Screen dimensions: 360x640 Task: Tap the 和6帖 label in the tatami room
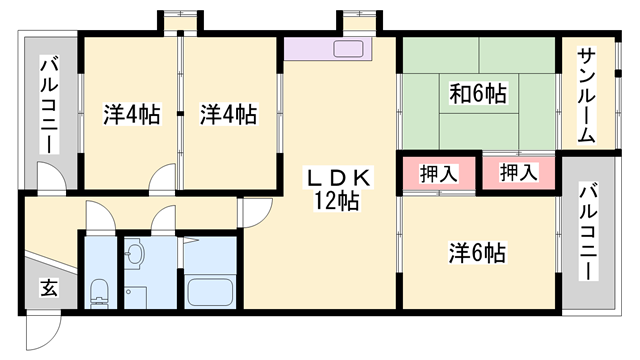pyautogui.click(x=477, y=95)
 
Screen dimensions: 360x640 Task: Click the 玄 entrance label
pyautogui.click(x=49, y=289)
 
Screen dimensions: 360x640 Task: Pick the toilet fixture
pyautogui.click(x=99, y=292)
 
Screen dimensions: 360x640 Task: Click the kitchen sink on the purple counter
pyautogui.click(x=350, y=49)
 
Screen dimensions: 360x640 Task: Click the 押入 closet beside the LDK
pyautogui.click(x=439, y=173)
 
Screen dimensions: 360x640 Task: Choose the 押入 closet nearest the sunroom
pyautogui.click(x=518, y=173)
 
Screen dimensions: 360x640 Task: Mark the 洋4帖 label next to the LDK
pyautogui.click(x=228, y=113)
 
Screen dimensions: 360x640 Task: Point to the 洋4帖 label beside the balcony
pyautogui.click(x=131, y=113)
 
